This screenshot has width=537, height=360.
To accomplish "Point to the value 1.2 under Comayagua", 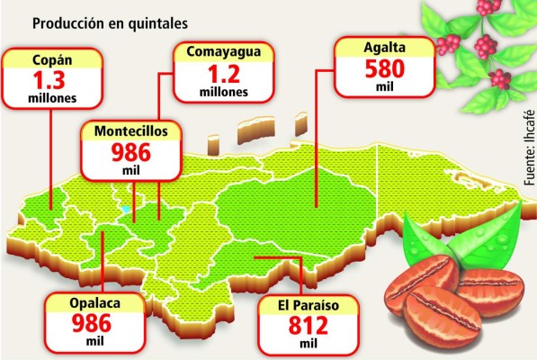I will [x=217, y=72].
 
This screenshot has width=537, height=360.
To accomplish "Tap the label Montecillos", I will [x=138, y=131].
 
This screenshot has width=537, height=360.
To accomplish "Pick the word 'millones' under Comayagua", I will [x=217, y=90].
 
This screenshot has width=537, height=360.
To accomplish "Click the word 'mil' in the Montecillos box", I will [x=138, y=170].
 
